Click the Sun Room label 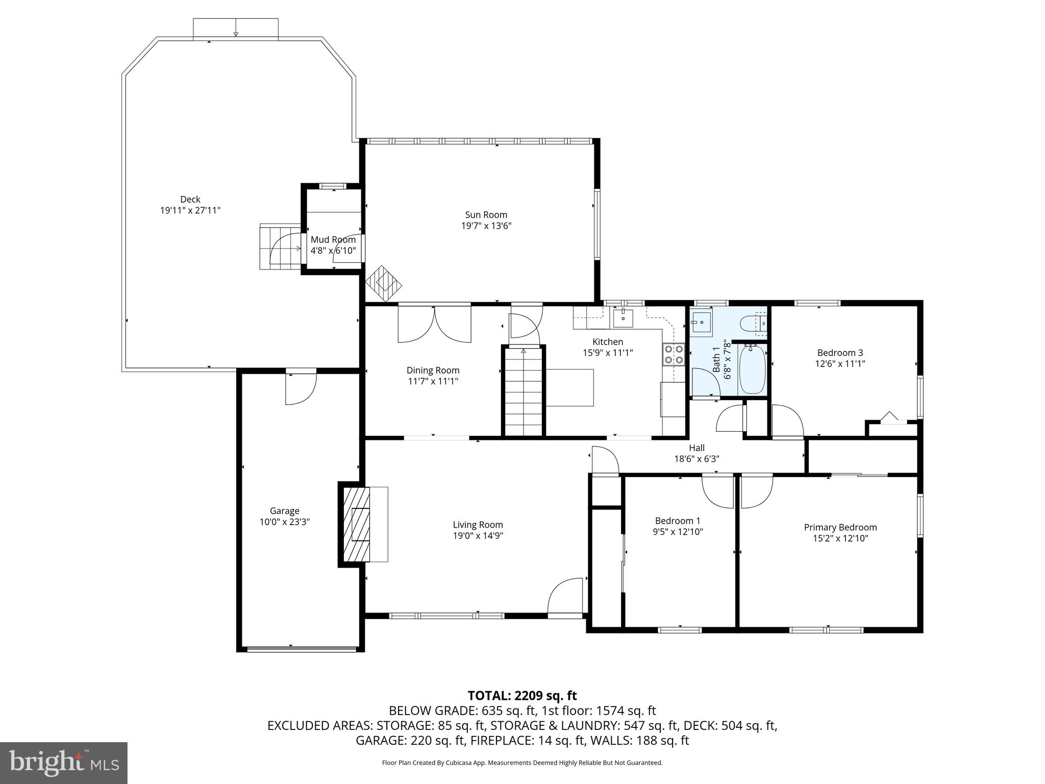coord(486,215)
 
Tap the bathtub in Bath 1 coord(752,370)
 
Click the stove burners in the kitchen coord(673,355)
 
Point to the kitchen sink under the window coord(623,318)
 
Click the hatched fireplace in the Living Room coord(356,525)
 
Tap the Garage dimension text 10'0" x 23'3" coord(284,522)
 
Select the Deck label coord(190,199)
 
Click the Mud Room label coord(333,239)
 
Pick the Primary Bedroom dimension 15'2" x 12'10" coord(840,538)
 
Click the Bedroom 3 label coord(840,353)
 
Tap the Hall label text coord(696,448)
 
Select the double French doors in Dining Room coord(434,324)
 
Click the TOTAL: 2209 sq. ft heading coord(522,695)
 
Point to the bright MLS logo coord(63,763)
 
